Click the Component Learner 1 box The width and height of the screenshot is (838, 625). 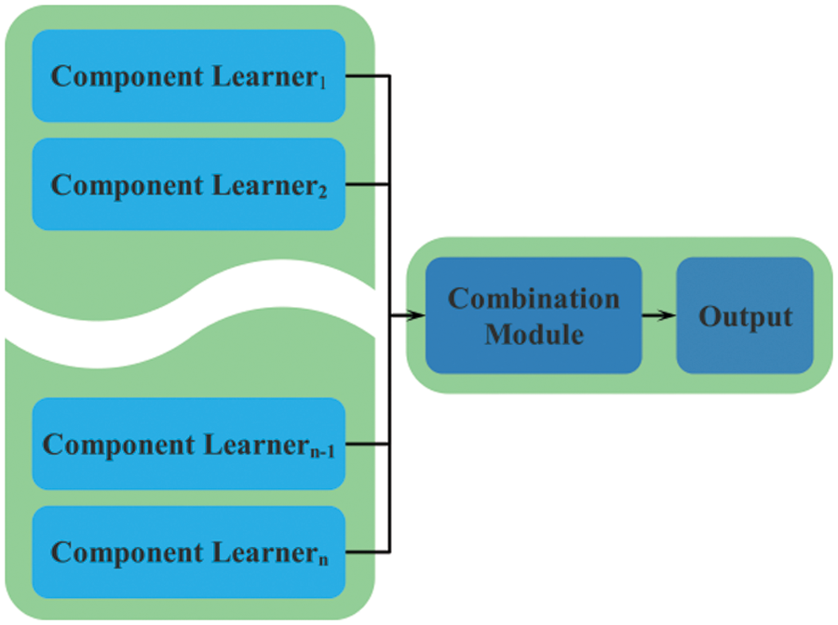[x=189, y=75]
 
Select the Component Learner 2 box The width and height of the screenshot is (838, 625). [x=189, y=183]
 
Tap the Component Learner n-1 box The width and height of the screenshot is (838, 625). [x=189, y=444]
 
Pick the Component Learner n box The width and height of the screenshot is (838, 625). [x=189, y=552]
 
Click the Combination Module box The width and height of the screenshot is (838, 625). [x=534, y=315]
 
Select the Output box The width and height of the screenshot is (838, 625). [x=745, y=315]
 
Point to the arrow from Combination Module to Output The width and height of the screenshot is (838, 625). [x=659, y=315]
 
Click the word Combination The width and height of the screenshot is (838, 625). [x=534, y=299]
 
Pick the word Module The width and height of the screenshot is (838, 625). [x=534, y=333]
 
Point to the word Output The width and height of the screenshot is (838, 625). [x=745, y=316]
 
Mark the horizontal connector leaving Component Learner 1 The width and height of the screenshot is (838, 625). [x=367, y=75]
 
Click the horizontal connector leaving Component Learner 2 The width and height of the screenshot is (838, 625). [x=367, y=183]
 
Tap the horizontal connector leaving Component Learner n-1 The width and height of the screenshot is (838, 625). [x=367, y=444]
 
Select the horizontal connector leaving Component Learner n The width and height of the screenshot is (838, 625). [x=367, y=552]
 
